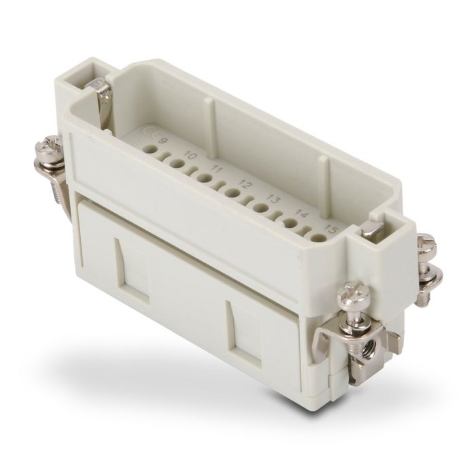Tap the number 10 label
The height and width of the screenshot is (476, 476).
(192, 156)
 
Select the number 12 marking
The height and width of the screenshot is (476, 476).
(247, 184)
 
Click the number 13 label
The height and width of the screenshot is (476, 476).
(275, 199)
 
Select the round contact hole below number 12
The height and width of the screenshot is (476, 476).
(233, 193)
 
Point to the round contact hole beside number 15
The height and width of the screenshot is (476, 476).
(318, 237)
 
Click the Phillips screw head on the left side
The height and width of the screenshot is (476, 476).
(50, 145)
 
